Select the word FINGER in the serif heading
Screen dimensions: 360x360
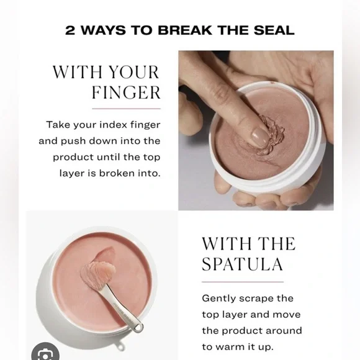(x=126, y=93)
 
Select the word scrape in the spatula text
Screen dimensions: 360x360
(x=258, y=299)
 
